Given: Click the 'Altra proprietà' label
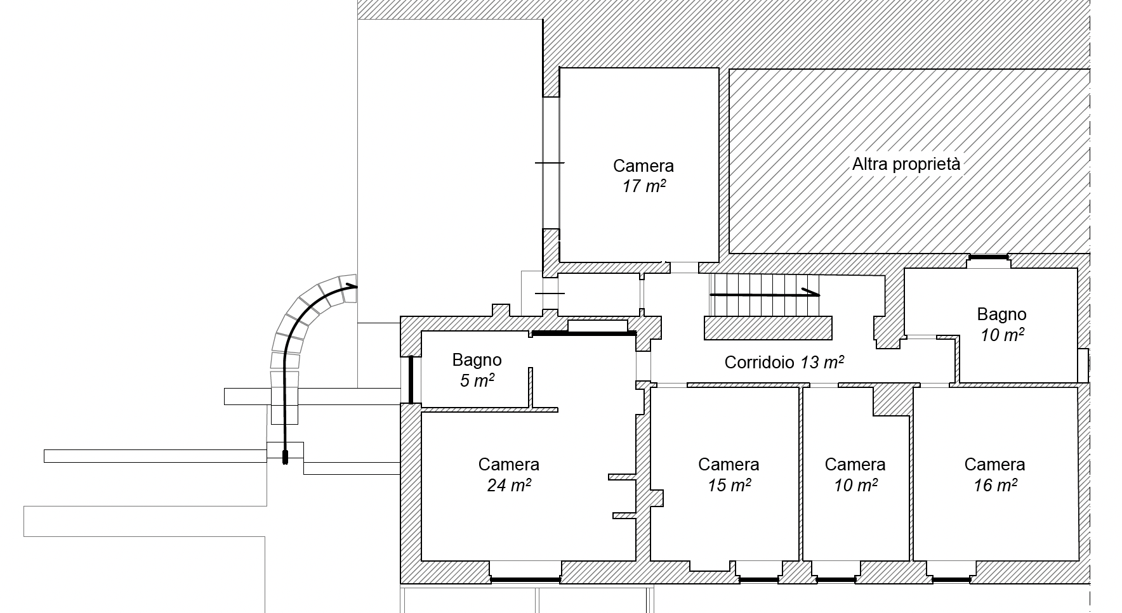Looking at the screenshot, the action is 906,164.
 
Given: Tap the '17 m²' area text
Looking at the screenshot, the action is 643,186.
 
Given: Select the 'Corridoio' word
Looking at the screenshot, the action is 760,363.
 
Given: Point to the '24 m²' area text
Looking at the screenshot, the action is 509,486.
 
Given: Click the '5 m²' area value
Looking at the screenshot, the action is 477,381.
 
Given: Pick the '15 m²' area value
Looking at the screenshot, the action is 729,486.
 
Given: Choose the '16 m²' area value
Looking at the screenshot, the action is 995,486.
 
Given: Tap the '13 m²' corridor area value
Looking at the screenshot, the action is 822,363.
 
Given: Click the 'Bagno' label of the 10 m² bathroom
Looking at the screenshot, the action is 1001,314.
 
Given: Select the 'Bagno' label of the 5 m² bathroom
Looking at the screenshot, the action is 477,360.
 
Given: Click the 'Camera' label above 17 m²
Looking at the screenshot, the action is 643,166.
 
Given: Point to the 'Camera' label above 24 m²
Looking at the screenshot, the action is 509,465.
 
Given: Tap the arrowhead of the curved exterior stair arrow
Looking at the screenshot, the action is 352,286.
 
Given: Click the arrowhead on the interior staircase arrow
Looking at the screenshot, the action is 811,292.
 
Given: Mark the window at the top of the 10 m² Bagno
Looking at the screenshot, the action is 989,257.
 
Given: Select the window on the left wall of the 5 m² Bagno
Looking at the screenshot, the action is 411,379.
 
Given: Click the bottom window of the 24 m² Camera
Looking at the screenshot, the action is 525,579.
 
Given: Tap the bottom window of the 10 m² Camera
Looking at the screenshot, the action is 835,579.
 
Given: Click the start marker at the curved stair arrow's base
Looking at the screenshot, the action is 285,457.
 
